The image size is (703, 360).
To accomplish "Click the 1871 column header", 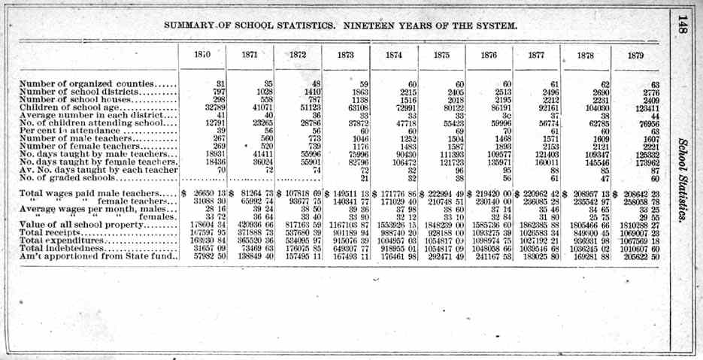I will [250, 56].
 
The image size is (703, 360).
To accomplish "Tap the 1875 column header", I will [442, 56].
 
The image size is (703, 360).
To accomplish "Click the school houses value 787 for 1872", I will [311, 99].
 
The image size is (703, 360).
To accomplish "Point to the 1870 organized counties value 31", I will [220, 83].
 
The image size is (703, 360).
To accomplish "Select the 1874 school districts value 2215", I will [408, 91].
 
